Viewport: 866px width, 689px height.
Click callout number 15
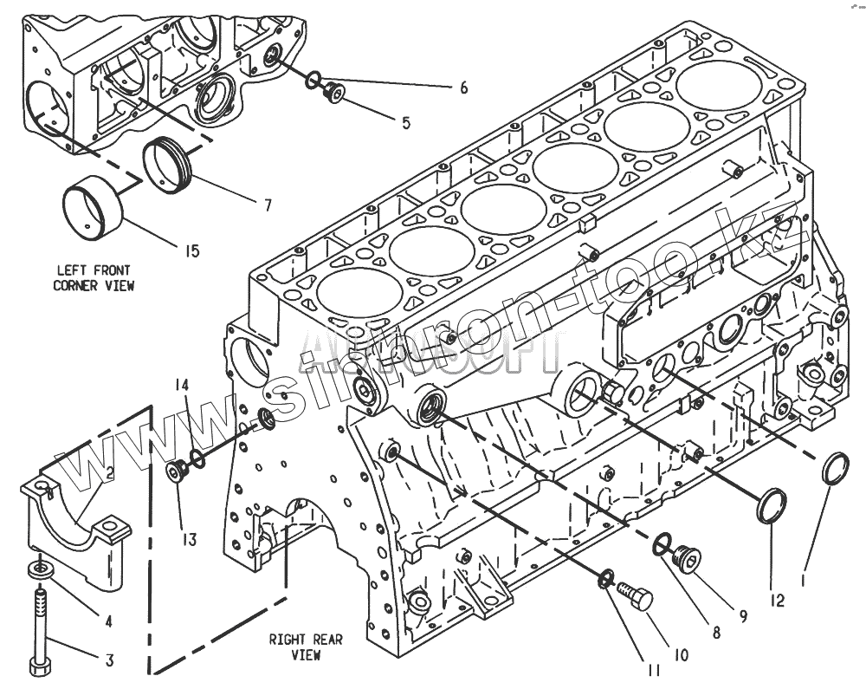pyautogui.click(x=191, y=251)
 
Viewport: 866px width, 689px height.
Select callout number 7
pyautogui.click(x=268, y=205)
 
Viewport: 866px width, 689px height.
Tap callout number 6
pyautogui.click(x=463, y=88)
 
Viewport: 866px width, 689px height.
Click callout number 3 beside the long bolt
pyautogui.click(x=109, y=660)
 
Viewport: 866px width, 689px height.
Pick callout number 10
pyautogui.click(x=681, y=655)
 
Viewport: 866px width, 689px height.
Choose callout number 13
pyautogui.click(x=189, y=539)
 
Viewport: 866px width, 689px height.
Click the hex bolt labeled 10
pyautogui.click(x=636, y=597)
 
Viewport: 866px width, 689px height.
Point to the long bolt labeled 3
pyautogui.click(x=40, y=628)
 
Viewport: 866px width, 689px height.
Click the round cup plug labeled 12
pyautogui.click(x=772, y=505)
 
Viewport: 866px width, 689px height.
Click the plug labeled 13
pyautogui.click(x=178, y=473)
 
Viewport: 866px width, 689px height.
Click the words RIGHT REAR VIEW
pyautogui.click(x=305, y=647)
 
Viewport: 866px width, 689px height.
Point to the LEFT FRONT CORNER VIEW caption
pyautogui.click(x=94, y=277)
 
